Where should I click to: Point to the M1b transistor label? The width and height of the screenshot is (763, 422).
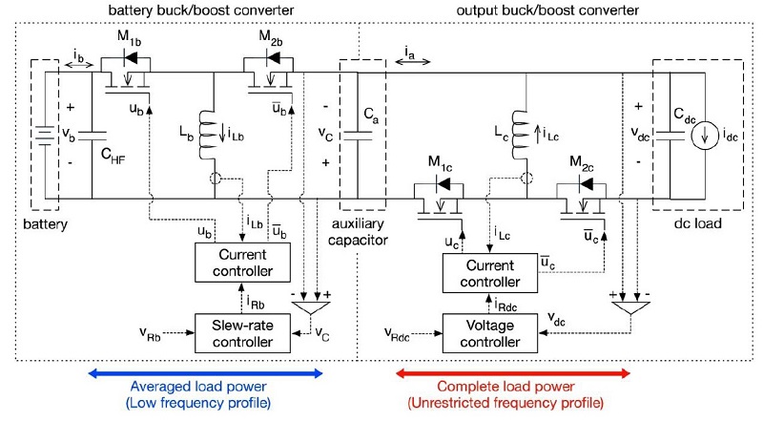coord(132,39)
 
